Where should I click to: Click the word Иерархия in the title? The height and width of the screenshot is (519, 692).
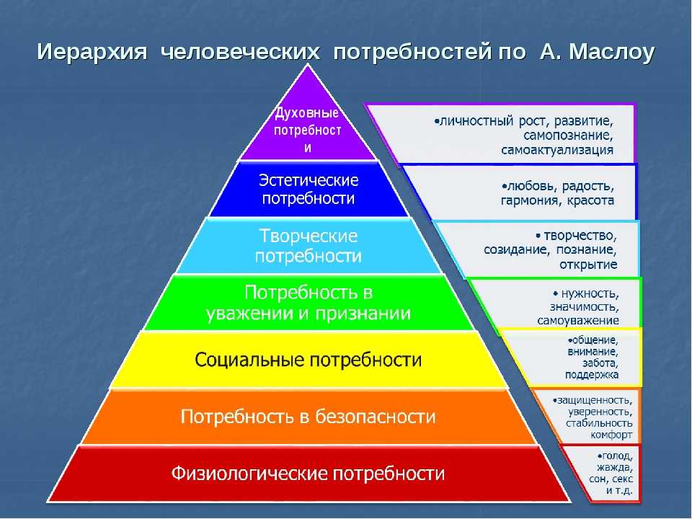pos(92,52)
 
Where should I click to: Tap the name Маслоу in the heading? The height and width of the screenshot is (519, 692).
pos(611,52)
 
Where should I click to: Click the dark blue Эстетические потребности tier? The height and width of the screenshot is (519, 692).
pos(309,190)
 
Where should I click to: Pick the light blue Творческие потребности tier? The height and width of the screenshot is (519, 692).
pos(309,246)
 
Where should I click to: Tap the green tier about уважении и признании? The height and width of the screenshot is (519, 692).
pos(309,302)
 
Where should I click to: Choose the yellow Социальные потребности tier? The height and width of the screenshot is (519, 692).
pos(309,360)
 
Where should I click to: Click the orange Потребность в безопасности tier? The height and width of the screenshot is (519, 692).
pos(309,417)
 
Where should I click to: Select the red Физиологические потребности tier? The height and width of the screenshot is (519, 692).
pos(309,474)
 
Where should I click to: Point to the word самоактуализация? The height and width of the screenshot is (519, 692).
pos(557,150)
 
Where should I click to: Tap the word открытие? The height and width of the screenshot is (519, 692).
pos(588,265)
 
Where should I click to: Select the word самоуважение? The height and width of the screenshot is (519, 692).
pos(577,321)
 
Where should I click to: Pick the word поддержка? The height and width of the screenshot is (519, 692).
pos(592,375)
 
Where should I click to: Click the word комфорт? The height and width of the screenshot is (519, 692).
pos(611,435)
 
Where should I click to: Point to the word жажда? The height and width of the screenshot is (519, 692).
pos(615,467)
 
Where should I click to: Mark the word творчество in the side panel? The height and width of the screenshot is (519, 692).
pos(580,236)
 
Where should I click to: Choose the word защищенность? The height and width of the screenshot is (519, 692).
pos(595,400)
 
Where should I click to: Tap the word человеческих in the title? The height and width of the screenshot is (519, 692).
pos(239,52)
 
